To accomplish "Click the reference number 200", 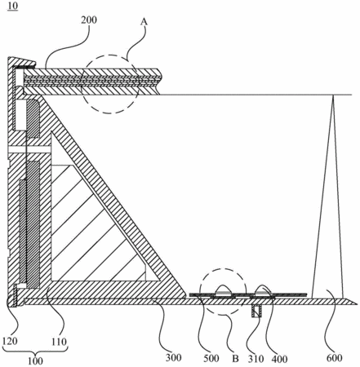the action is click(89, 20).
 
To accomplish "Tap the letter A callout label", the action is click(144, 22).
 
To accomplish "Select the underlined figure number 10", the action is click(13, 6).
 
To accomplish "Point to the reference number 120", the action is click(10, 341).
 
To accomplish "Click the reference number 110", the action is click(59, 342).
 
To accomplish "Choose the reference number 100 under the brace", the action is click(35, 361).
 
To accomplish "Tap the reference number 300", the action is click(174, 357).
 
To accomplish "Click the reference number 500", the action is click(211, 358).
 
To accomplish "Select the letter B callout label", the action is click(235, 359).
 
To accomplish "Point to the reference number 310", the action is click(256, 359).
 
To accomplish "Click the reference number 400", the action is click(279, 359).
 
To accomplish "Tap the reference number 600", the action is click(334, 358).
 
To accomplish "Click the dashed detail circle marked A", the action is click(82, 84).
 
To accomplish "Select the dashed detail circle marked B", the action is click(200, 292).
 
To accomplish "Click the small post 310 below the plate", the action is click(256, 311).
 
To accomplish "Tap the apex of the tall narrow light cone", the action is click(332, 95).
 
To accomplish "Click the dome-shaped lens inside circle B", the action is click(223, 290).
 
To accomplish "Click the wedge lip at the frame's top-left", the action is click(21, 62).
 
